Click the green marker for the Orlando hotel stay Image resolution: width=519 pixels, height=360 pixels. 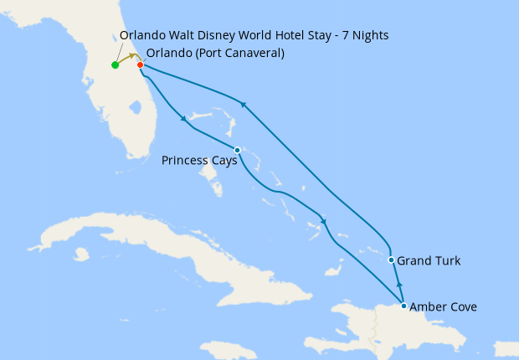tap(115, 65)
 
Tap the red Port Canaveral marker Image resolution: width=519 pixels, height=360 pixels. tap(140, 65)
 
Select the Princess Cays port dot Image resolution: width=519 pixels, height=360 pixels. tap(238, 151)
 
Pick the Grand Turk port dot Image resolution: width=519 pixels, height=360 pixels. tap(391, 260)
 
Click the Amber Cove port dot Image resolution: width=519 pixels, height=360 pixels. tap(403, 306)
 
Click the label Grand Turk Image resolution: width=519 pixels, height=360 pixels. tap(429, 261)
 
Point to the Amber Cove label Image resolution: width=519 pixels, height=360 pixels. tap(443, 307)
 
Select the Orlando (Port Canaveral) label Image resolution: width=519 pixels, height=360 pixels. tap(215, 54)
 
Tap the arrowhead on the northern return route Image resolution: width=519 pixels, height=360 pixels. tap(243, 104)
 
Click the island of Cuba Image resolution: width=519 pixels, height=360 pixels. tap(126, 243)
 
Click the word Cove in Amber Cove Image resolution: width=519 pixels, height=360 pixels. tap(462, 307)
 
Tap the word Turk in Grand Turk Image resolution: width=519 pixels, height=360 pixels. tap(446, 261)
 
